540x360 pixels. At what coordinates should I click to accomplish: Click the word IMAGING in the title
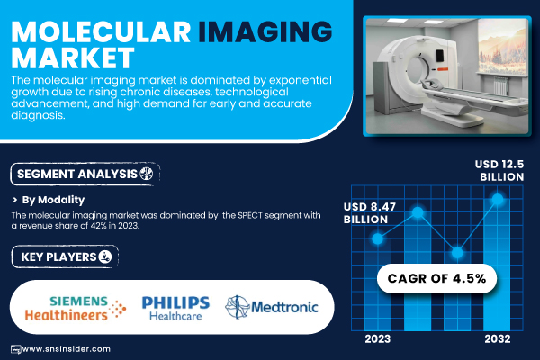coord(265,31)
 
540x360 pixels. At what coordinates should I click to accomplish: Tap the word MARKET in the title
coord(73,58)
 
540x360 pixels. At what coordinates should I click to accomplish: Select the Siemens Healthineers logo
coord(76,308)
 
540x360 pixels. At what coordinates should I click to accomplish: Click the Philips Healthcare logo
coord(175,308)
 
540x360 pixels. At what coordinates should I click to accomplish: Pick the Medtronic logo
coord(272,307)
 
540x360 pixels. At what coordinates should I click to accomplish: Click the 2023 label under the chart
coord(377,339)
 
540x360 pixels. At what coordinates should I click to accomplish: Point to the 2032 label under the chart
coord(498,339)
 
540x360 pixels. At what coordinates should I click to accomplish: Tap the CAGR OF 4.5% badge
coord(436,278)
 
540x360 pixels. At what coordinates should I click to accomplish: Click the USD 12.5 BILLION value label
coord(499,170)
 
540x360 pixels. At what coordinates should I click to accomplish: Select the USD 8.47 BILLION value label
coord(370,213)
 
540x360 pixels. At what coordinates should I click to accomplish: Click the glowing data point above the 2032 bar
coord(498,199)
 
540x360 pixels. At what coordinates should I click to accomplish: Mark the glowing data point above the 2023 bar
coord(377,238)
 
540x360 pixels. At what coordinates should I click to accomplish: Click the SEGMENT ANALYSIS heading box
coord(85,174)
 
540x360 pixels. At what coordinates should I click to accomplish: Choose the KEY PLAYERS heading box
coord(65,256)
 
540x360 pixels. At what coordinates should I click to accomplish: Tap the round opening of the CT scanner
coord(418,68)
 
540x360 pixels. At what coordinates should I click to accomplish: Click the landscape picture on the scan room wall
coord(502,46)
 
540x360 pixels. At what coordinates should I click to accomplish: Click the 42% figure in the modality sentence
coord(98,226)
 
